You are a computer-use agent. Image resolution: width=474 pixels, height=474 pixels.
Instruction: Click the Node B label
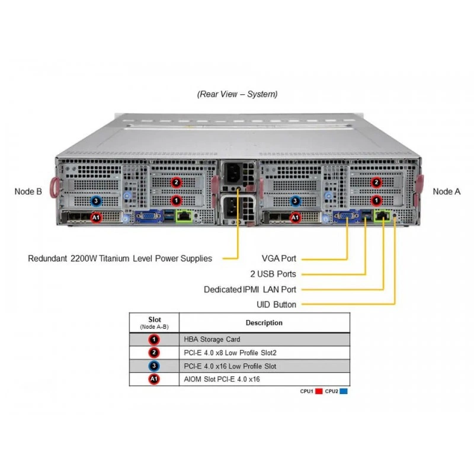pyautogui.click(x=28, y=191)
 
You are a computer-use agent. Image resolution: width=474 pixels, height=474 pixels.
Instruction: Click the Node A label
pyautogui.click(x=447, y=191)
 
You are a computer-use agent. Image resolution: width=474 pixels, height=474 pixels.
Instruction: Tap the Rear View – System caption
pyautogui.click(x=238, y=94)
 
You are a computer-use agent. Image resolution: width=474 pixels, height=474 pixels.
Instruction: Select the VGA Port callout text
pyautogui.click(x=278, y=258)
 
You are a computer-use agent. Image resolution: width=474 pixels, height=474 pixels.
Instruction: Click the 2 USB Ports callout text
pyautogui.click(x=273, y=274)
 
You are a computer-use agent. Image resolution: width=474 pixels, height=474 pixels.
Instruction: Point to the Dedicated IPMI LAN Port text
pyautogui.click(x=250, y=289)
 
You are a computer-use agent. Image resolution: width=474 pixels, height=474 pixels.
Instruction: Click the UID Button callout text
pyautogui.click(x=276, y=305)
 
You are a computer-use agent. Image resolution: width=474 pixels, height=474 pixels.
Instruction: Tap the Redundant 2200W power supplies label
pyautogui.click(x=120, y=258)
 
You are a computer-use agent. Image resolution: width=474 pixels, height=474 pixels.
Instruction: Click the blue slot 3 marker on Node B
pyautogui.click(x=96, y=201)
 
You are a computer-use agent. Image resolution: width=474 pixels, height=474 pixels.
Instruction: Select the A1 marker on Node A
pyautogui.click(x=295, y=217)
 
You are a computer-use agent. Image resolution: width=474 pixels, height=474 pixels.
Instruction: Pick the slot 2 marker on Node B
pyautogui.click(x=176, y=182)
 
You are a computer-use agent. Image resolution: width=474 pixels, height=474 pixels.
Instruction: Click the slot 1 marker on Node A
pyautogui.click(x=376, y=200)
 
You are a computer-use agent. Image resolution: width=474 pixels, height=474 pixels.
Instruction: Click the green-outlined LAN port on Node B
pyautogui.click(x=184, y=216)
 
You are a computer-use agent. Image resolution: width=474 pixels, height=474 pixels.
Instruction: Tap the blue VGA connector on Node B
pyautogui.click(x=148, y=216)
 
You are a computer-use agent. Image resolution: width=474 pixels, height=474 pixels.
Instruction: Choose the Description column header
pyautogui.click(x=264, y=322)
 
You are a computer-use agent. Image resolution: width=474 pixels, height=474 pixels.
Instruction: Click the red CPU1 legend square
pyautogui.click(x=319, y=391)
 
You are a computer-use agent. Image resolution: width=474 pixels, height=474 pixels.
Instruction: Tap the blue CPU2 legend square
pyautogui.click(x=344, y=391)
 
